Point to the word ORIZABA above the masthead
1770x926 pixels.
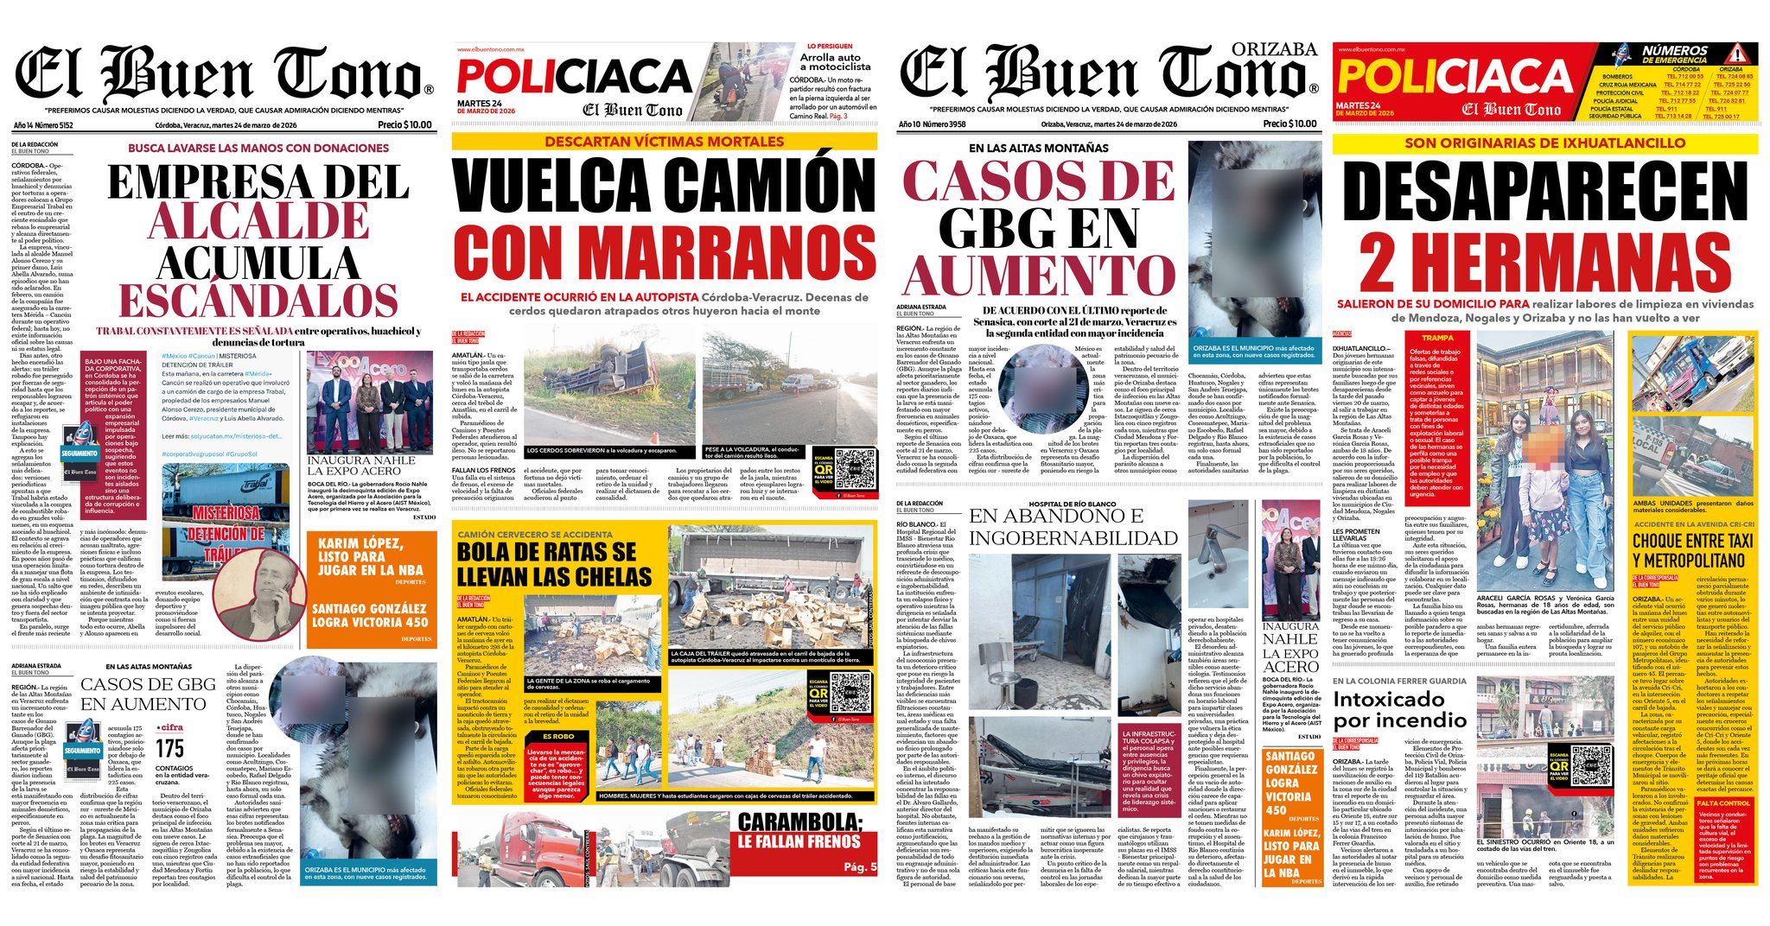(1274, 49)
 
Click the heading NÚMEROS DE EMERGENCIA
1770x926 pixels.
(1674, 55)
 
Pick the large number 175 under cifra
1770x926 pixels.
(170, 749)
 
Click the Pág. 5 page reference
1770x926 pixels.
(860, 866)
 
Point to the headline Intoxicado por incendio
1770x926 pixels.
(1399, 709)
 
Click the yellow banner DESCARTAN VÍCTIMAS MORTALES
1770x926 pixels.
(664, 142)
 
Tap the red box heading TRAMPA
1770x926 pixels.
(1437, 338)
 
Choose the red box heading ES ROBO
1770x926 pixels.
(558, 736)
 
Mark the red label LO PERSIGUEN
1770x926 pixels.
(830, 46)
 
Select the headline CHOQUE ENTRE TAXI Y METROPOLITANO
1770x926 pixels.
(1692, 550)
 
